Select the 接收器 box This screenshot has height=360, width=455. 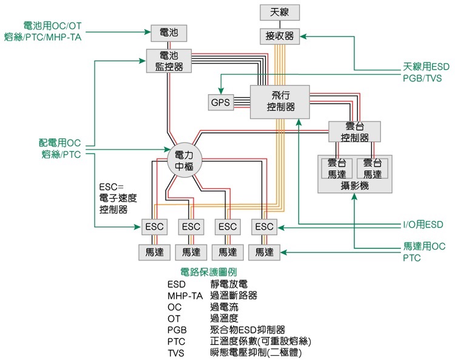tap(280, 36)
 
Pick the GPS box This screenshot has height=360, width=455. tap(221, 103)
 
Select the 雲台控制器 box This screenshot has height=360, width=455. tap(354, 132)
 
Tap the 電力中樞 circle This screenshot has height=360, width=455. tap(183, 160)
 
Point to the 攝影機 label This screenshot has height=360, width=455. tap(355, 186)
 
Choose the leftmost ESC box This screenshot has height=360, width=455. tap(154, 226)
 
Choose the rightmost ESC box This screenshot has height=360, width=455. tap(265, 226)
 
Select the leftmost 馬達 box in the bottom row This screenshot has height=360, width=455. tap(154, 251)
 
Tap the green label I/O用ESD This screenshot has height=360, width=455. tap(423, 225)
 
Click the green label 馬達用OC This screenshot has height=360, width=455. tap(424, 246)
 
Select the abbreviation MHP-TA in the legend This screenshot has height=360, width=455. tap(184, 296)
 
